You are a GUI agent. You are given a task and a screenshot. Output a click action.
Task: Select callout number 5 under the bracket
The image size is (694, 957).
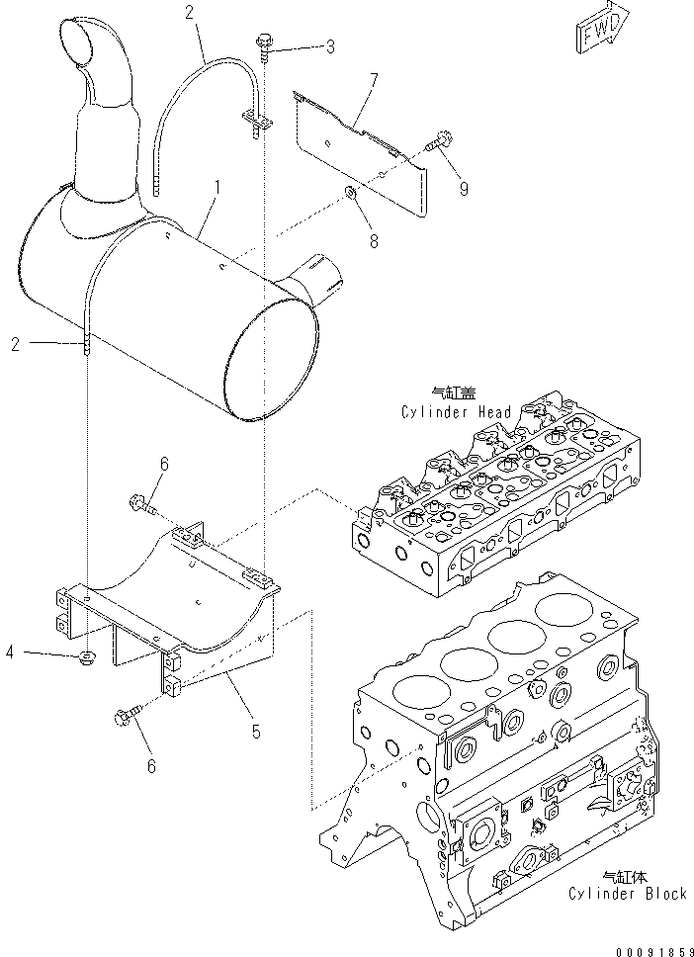tap(255, 732)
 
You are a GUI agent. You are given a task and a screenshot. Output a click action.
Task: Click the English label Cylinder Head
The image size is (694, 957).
tap(456, 412)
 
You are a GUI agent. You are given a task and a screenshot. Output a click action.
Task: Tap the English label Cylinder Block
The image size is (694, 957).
tap(627, 894)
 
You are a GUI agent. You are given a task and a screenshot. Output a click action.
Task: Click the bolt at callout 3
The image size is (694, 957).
tap(265, 44)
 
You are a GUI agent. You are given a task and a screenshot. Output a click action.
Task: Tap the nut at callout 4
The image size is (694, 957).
tap(87, 655)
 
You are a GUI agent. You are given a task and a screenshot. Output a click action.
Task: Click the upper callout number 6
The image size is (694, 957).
tap(165, 463)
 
